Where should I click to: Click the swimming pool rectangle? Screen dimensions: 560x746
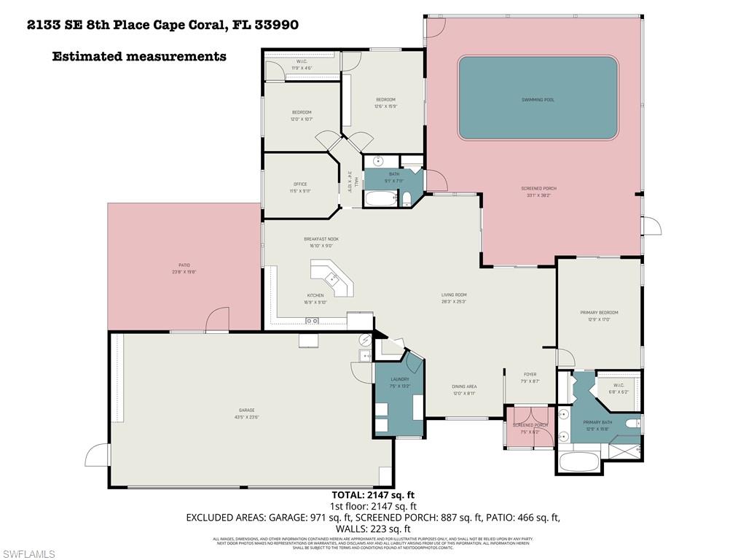[538, 98]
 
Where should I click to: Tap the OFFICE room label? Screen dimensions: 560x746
[300, 184]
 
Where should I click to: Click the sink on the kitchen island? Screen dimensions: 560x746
[331, 278]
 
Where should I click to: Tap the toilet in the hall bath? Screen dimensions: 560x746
[407, 198]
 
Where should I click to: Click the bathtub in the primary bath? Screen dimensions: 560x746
[578, 462]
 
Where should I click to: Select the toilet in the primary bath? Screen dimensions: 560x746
[633, 422]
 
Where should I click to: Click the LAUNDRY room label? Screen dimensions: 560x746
[399, 379]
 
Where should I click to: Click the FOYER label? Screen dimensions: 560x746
[530, 375]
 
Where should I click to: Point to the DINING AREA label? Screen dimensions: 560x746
[465, 386]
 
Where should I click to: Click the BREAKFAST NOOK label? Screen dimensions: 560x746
[321, 239]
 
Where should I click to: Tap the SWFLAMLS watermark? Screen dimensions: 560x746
[28, 554]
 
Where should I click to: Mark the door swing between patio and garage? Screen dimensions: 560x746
[218, 319]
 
